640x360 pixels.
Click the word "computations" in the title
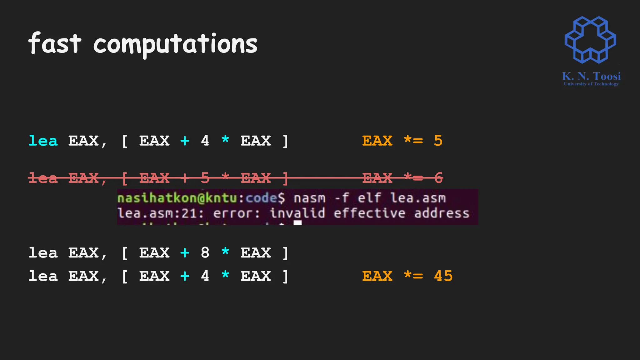[x=175, y=44]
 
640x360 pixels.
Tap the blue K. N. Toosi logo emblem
[x=590, y=40]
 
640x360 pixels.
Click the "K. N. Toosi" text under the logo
[x=591, y=76]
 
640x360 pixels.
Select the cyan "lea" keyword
[x=43, y=141]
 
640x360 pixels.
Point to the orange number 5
[x=438, y=141]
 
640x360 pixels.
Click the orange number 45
[x=443, y=276]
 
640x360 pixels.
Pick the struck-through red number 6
[x=438, y=178]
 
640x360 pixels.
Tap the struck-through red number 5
[x=205, y=178]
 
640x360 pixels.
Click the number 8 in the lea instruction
[x=205, y=252]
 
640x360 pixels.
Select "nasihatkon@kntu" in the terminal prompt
[x=177, y=198]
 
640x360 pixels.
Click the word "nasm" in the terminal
[x=309, y=198]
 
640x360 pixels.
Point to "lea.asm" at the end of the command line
[x=418, y=198]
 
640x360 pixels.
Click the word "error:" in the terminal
[x=237, y=213]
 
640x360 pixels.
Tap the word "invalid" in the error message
[x=297, y=213]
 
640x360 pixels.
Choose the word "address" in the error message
[x=442, y=213]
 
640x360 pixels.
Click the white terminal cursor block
[x=298, y=222]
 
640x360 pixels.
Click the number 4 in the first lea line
[x=205, y=141]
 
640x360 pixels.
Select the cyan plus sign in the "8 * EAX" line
[x=185, y=252]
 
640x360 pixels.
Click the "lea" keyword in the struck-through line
[x=43, y=178]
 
